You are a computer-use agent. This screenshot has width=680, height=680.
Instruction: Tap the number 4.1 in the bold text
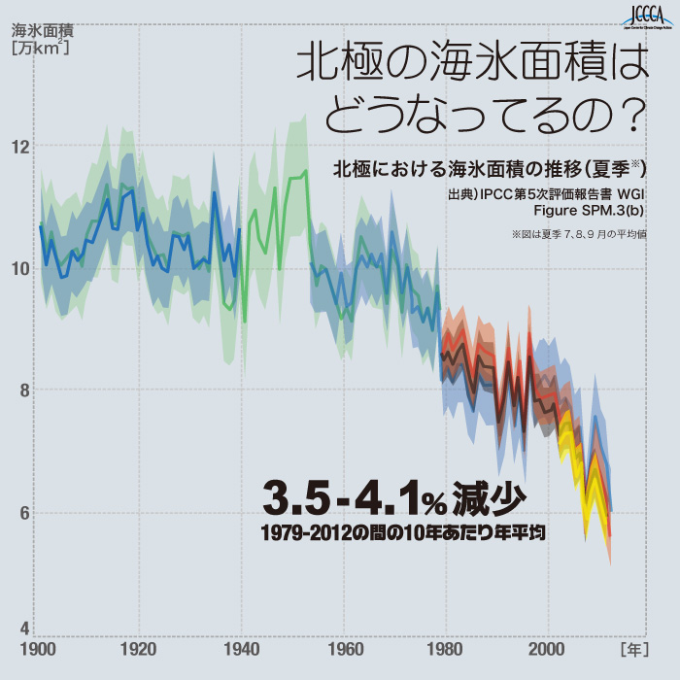click(384, 498)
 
